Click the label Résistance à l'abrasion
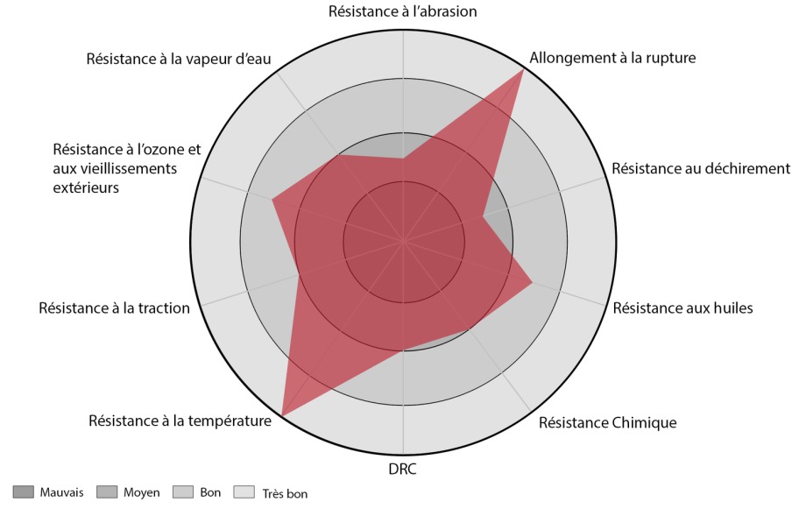pyautogui.click(x=402, y=11)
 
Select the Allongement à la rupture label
pyautogui.click(x=612, y=59)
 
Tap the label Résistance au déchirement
pyautogui.click(x=701, y=168)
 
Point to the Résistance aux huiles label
pyautogui.click(x=682, y=308)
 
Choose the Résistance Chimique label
pyautogui.click(x=608, y=423)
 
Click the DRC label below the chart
pyautogui.click(x=402, y=469)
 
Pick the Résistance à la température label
pyautogui.click(x=180, y=421)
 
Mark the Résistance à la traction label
pyautogui.click(x=114, y=308)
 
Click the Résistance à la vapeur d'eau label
pyautogui.click(x=179, y=59)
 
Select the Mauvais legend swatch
pyautogui.click(x=24, y=492)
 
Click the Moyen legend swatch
pyautogui.click(x=107, y=492)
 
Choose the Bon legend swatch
pyautogui.click(x=184, y=492)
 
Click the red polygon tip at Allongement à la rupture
pyautogui.click(x=523, y=69)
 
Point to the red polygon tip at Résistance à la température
pyautogui.click(x=281, y=414)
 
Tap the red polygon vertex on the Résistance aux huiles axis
pyautogui.click(x=533, y=282)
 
